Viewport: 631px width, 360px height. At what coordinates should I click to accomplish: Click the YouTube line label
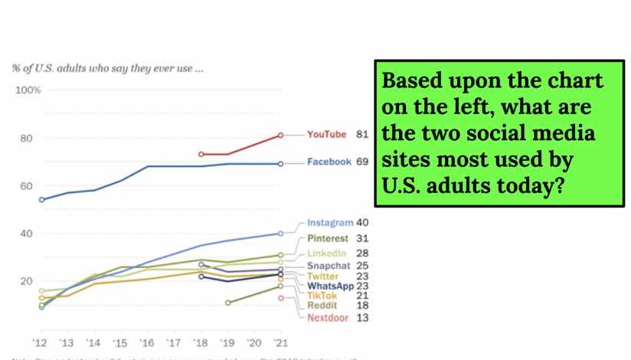tap(327, 135)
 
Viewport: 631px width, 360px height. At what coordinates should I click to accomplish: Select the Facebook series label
tap(329, 162)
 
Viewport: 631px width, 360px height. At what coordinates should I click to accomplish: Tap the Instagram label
tap(329, 223)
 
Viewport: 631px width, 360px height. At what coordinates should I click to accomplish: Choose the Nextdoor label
tap(329, 318)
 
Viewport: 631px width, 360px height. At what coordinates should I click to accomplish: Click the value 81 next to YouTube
tap(362, 135)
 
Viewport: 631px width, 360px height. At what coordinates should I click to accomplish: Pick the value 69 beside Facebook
tap(362, 162)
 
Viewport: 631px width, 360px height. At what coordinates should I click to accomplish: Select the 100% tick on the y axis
tap(28, 90)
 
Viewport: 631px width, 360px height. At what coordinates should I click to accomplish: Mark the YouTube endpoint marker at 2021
tap(281, 135)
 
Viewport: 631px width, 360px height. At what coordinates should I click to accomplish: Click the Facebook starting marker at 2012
tap(41, 200)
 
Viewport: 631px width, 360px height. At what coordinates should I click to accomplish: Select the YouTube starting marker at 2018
tap(201, 154)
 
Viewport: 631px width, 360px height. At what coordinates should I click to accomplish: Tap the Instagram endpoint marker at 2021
tap(281, 234)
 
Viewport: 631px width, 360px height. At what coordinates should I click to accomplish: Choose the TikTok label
tap(322, 296)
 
